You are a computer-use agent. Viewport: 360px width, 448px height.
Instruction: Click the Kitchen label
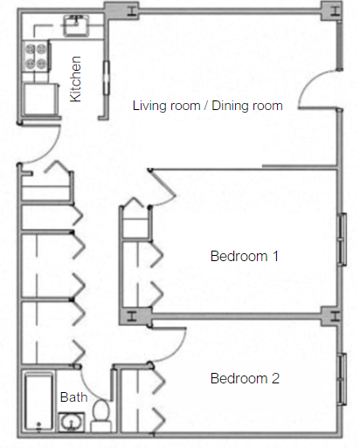(x=76, y=79)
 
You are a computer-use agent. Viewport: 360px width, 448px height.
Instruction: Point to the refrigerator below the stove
(x=38, y=97)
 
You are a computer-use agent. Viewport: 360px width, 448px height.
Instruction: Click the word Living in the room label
(x=147, y=106)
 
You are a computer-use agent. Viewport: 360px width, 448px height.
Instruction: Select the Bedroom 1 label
(x=245, y=257)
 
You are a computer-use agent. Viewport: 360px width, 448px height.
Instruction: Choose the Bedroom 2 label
(x=245, y=379)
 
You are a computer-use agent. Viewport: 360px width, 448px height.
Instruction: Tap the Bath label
(x=73, y=397)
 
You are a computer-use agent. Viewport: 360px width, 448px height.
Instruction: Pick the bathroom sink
(x=71, y=424)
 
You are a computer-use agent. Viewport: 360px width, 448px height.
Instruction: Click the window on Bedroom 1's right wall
(x=340, y=239)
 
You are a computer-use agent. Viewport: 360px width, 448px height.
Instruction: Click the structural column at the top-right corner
(x=335, y=10)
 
